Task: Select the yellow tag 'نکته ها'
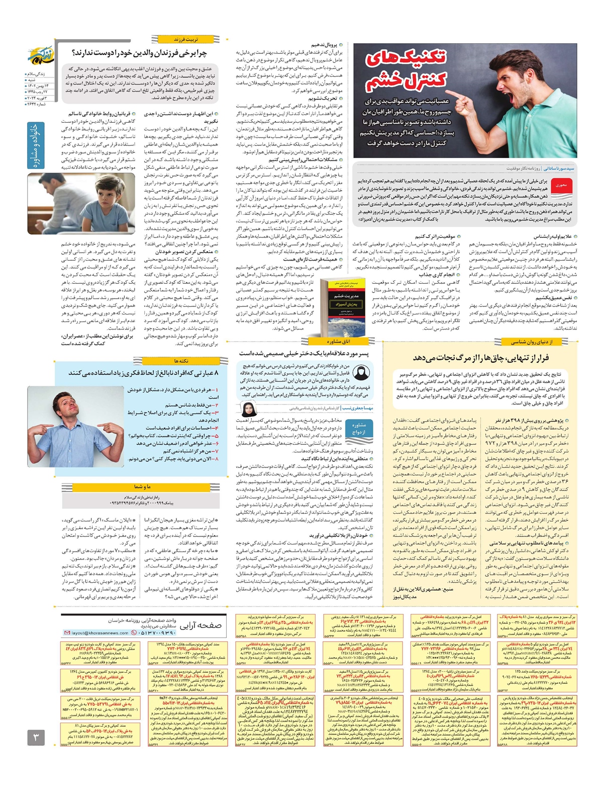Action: click(x=180, y=361)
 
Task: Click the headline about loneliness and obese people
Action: click(x=481, y=358)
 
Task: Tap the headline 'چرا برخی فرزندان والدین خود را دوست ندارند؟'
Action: click(x=139, y=53)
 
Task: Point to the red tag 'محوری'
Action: click(x=560, y=185)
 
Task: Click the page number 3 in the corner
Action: click(x=36, y=738)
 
